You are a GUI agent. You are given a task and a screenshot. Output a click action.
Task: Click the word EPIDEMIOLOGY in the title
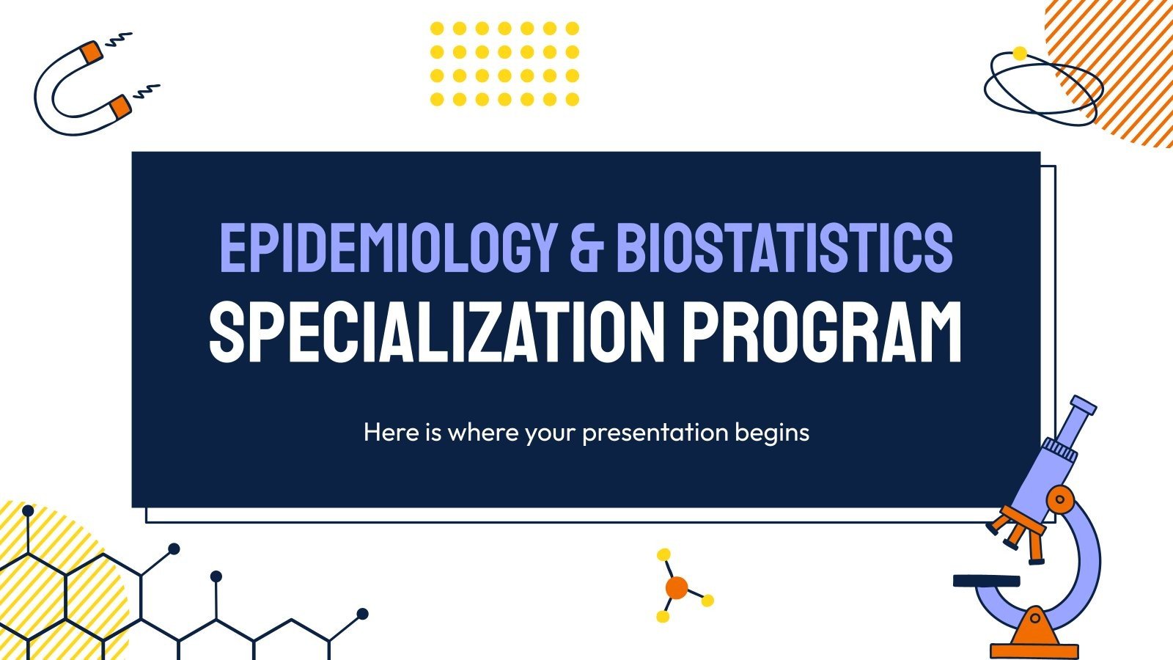[386, 247]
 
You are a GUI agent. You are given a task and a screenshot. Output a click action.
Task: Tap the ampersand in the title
[586, 247]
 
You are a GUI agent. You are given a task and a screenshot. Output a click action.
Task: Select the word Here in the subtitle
[391, 433]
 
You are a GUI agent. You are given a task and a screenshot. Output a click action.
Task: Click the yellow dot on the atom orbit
[1019, 53]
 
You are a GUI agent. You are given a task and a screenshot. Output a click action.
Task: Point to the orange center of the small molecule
[676, 587]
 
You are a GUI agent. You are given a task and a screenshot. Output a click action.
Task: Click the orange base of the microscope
[1034, 638]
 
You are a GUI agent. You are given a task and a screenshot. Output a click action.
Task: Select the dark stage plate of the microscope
[986, 580]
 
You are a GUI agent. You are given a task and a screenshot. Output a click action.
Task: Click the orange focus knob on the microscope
[1059, 500]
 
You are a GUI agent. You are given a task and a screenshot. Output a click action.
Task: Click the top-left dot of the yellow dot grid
[437, 29]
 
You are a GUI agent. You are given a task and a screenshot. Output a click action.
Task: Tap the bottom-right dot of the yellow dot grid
[573, 99]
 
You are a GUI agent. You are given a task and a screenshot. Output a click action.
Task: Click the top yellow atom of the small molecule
[664, 554]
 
